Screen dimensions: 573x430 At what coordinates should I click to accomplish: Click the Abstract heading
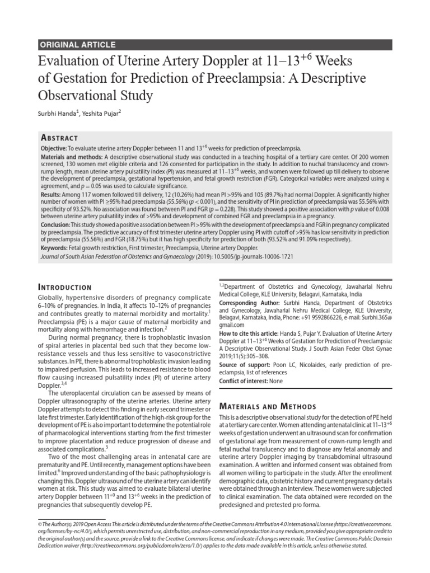click(59, 138)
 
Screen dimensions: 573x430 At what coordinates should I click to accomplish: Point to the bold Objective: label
click(54, 148)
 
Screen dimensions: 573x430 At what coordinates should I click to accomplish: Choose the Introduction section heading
click(64, 287)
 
